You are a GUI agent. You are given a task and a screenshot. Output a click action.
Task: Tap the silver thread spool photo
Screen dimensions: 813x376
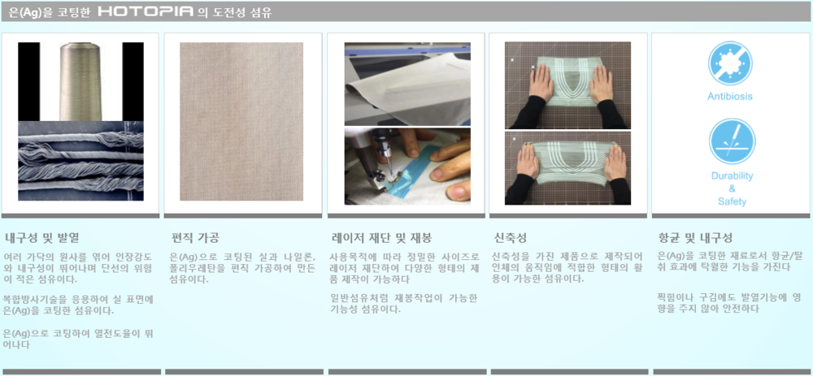pos(80,81)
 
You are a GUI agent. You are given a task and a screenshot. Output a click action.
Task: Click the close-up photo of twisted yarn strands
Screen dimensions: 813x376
pos(80,161)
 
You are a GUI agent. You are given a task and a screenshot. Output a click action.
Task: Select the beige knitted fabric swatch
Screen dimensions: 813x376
pos(241,121)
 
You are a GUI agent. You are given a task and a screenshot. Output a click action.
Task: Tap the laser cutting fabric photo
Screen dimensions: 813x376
pos(407,84)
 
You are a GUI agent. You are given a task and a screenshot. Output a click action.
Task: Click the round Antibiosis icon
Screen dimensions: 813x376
pos(731,63)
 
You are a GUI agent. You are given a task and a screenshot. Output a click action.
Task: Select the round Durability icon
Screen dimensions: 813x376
pos(733,141)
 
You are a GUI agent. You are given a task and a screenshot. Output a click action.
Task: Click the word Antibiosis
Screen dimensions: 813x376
pos(730,97)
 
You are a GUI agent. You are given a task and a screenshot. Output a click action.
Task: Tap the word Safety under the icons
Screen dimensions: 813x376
pos(733,201)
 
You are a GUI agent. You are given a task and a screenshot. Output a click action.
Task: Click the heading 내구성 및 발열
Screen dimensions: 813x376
pos(42,238)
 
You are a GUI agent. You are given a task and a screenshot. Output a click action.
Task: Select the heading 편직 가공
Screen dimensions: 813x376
pos(195,238)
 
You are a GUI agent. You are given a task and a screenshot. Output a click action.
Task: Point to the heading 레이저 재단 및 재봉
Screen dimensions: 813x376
pos(382,238)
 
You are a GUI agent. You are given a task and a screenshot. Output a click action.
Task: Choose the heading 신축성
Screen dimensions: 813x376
pos(511,238)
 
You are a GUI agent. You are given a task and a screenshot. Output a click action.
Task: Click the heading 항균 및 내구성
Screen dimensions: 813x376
pos(695,238)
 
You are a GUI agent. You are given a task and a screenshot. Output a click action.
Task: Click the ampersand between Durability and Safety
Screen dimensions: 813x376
pos(733,188)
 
